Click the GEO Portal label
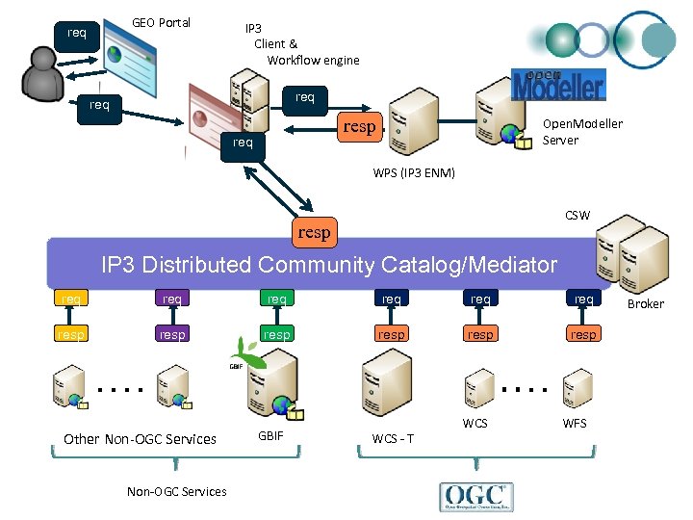[161, 22]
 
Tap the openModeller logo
[558, 85]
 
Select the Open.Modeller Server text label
[581, 132]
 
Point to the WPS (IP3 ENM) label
[414, 173]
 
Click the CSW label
[577, 215]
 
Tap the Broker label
[646, 303]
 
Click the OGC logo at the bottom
[476, 495]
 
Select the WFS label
[575, 423]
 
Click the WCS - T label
[393, 439]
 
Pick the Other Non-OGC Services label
[140, 439]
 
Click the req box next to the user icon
[77, 33]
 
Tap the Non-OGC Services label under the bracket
[177, 491]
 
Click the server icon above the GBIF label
[272, 384]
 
